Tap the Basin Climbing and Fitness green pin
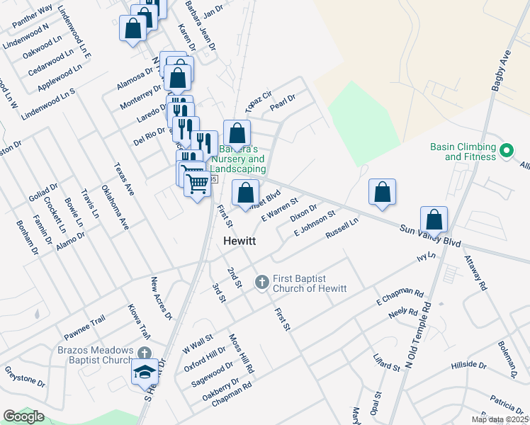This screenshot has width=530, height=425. (507, 152)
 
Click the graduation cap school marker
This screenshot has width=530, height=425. (144, 372)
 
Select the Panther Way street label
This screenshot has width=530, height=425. (33, 17)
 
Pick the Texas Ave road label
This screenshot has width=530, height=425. (124, 180)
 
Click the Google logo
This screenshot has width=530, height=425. (23, 416)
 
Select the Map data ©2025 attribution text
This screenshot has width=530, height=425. (499, 419)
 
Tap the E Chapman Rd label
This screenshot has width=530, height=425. (400, 297)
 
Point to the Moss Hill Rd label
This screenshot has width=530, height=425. (241, 353)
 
